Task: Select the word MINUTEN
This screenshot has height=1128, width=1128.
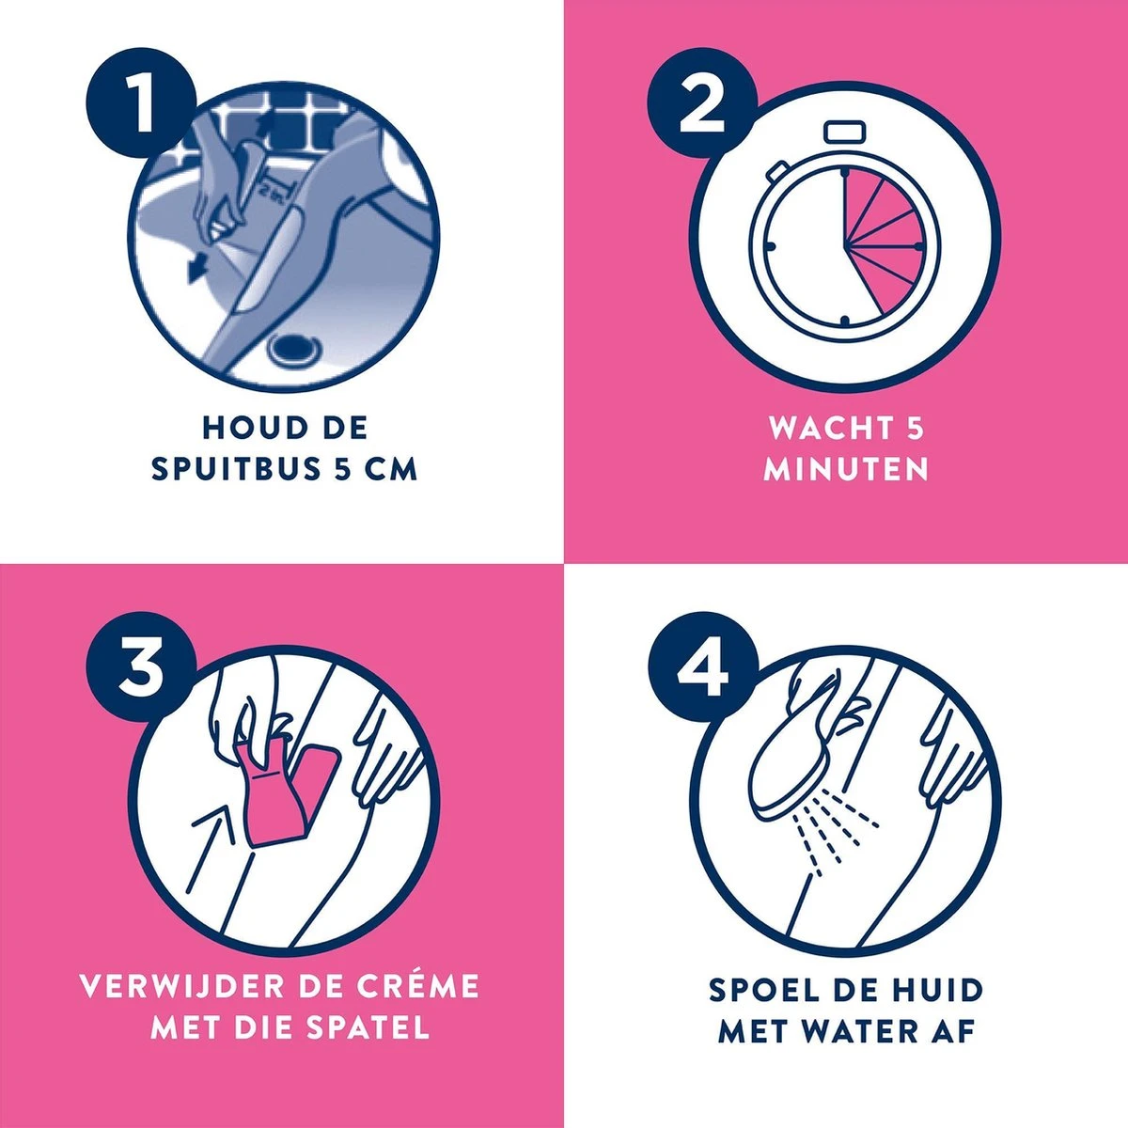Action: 845,469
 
